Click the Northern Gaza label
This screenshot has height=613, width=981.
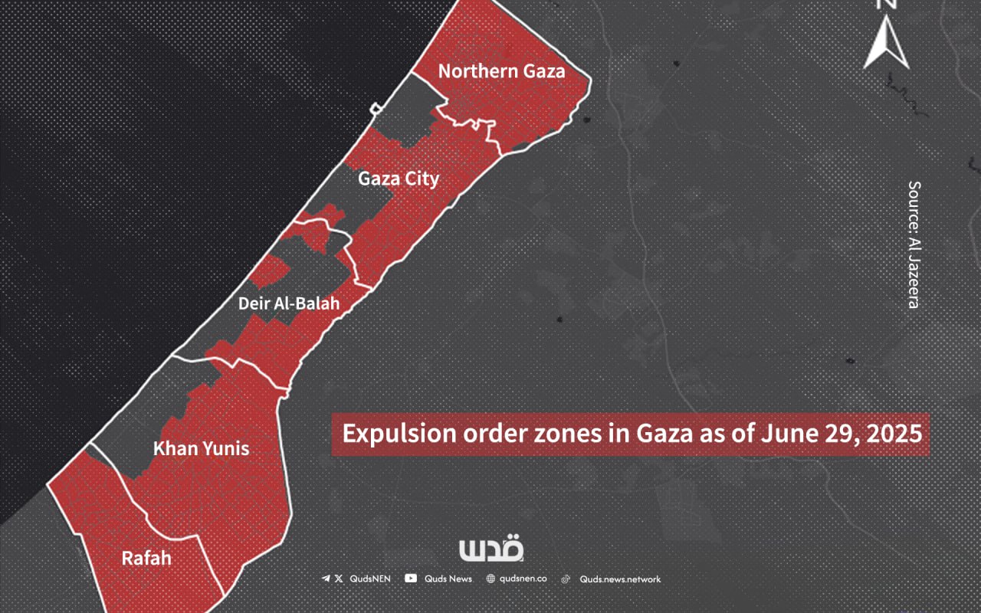tap(501, 71)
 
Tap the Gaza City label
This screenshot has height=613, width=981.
tap(399, 179)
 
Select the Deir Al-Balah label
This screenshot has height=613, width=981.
tap(289, 304)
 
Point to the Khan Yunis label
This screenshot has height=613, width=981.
tap(201, 449)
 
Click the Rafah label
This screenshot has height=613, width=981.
tap(146, 559)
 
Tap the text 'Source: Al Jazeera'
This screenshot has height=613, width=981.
tap(913, 244)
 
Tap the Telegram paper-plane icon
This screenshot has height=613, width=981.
tap(326, 579)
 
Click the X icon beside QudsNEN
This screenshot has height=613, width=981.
tap(339, 579)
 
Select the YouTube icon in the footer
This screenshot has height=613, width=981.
tap(411, 579)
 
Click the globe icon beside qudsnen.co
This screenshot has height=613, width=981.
tap(491, 579)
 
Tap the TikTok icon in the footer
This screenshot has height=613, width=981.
tap(566, 579)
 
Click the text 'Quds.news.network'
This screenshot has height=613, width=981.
tap(620, 579)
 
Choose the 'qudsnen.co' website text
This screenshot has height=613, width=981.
tap(524, 579)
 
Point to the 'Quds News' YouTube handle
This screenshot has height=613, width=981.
tap(449, 579)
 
